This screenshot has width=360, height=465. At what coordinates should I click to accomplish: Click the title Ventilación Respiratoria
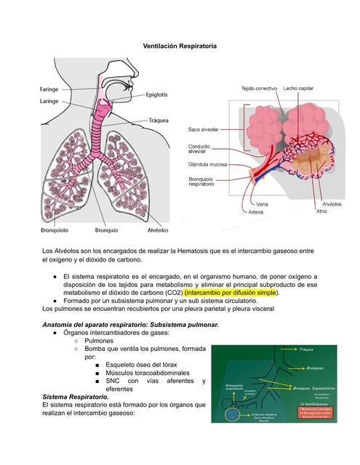(x=180, y=46)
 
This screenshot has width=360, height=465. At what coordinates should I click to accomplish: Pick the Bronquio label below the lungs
(x=106, y=230)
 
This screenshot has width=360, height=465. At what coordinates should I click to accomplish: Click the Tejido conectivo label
(x=259, y=89)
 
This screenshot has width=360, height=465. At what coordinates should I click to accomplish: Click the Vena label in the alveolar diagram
(x=262, y=205)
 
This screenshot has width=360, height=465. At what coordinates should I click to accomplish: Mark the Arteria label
(x=257, y=213)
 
